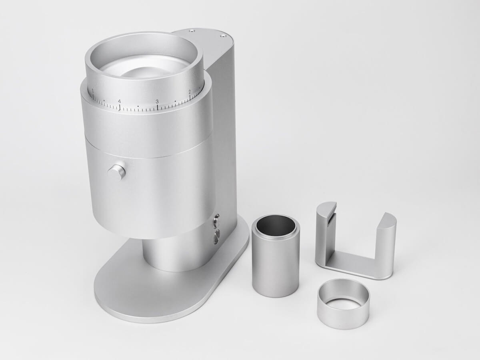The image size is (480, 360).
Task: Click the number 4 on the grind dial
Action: [119, 101]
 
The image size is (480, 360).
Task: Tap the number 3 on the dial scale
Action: [157, 101]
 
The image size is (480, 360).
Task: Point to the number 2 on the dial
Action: [190, 92]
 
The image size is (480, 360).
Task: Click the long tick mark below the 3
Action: [157, 107]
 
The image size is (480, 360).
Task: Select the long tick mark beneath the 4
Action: [119, 107]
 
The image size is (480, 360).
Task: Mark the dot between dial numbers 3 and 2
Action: [175, 101]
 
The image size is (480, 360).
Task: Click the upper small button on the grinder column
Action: [216, 218]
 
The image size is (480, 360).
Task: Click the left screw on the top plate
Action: [192, 30]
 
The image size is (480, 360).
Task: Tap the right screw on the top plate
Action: [223, 36]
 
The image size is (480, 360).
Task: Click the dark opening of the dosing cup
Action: [275, 226]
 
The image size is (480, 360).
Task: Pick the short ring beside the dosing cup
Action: [343, 304]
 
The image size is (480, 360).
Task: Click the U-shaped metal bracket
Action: [352, 264]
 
